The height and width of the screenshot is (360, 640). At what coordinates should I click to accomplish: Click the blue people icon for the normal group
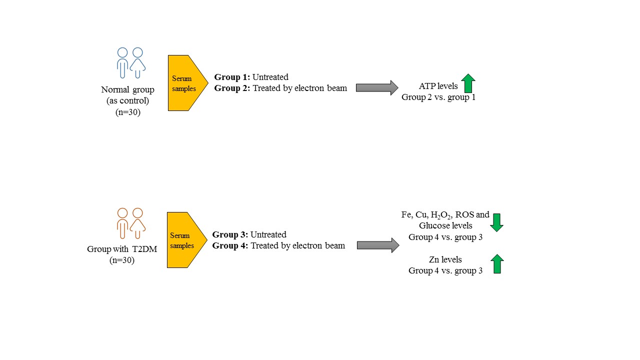130,62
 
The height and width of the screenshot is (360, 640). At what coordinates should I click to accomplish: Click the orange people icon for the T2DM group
130,223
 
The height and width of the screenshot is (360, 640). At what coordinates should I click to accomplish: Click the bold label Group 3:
230,234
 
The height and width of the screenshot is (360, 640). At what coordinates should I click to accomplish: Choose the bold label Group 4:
230,245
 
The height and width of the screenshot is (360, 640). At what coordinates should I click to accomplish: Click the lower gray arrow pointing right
378,245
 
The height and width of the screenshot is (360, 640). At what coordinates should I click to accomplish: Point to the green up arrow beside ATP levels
468,83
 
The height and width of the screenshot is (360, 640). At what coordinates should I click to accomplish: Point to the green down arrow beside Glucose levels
496,222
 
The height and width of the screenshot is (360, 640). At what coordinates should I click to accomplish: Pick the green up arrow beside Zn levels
496,263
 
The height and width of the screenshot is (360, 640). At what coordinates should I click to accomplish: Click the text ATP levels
438,86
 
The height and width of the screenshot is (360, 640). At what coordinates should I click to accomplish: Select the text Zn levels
445,259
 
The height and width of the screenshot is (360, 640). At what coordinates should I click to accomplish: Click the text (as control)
127,100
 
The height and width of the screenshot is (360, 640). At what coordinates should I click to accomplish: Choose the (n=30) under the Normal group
127,111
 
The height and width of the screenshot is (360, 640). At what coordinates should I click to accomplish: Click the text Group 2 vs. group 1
438,97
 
